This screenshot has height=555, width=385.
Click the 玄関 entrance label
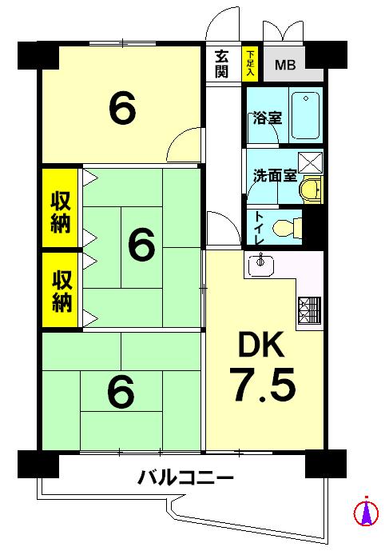(223, 64)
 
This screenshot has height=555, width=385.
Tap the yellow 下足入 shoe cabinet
(250, 64)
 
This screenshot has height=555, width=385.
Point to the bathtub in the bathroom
(305, 116)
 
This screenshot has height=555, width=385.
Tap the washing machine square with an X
(310, 162)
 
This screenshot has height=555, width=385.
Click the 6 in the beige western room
(122, 110)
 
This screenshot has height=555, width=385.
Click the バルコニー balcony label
(185, 479)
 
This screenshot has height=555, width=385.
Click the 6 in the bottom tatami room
(121, 391)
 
